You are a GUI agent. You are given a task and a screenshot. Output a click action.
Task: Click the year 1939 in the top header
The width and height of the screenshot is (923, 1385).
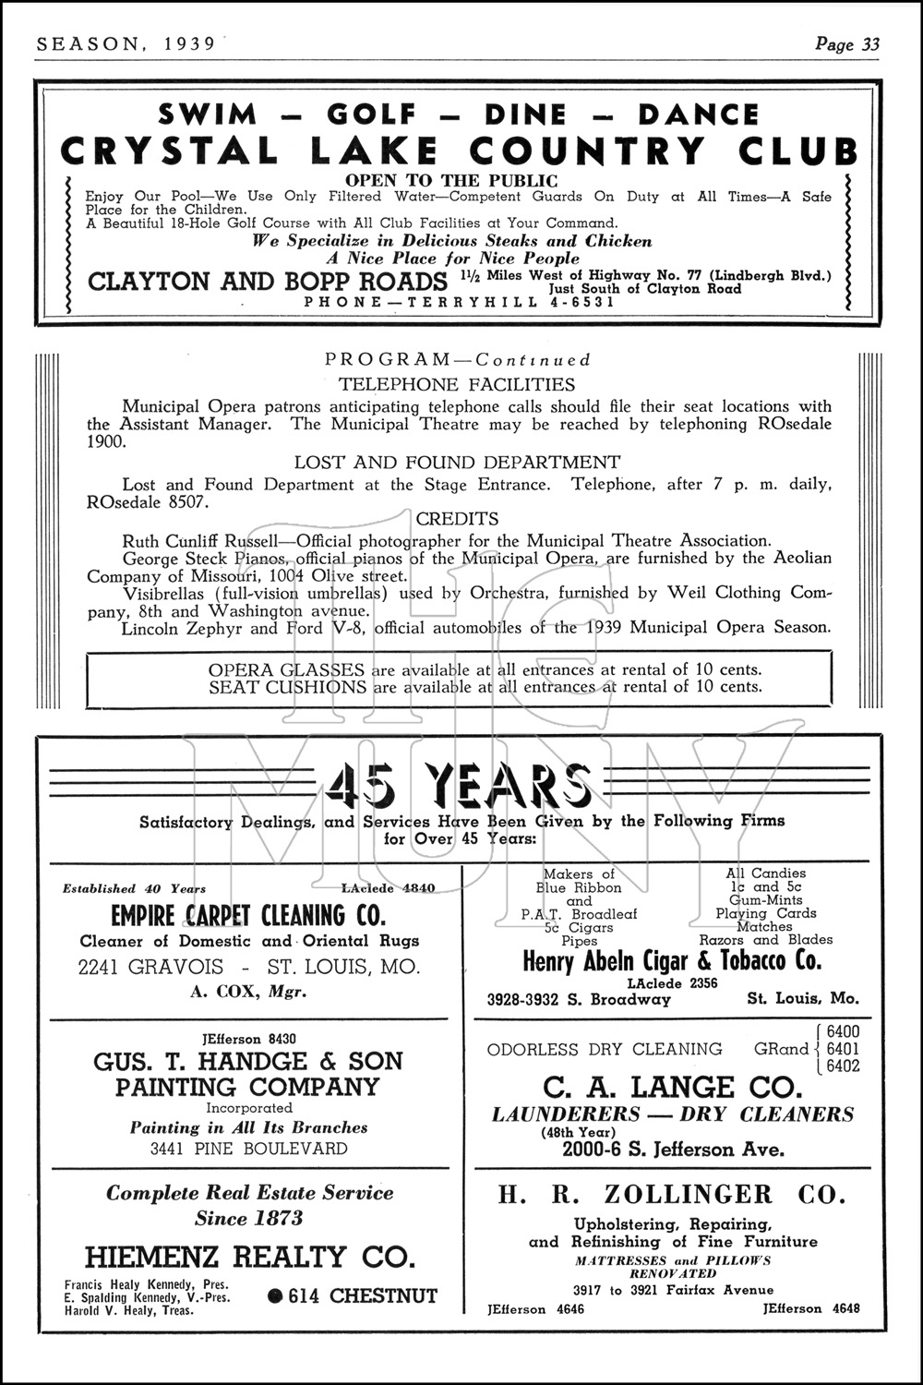tap(184, 43)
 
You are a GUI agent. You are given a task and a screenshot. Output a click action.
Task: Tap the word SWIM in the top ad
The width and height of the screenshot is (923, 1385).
tap(208, 114)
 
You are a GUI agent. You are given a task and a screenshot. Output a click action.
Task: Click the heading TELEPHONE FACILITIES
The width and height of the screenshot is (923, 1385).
tap(457, 385)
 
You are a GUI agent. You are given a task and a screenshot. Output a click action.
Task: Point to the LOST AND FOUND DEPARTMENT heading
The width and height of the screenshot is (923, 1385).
tap(457, 463)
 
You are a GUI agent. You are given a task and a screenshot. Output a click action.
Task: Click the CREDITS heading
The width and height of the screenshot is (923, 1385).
tap(457, 519)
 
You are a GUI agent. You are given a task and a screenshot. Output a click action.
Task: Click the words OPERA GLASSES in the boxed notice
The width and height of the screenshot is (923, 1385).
tap(287, 669)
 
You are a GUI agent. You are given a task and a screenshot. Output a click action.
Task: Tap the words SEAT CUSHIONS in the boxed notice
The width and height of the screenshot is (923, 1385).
tap(287, 687)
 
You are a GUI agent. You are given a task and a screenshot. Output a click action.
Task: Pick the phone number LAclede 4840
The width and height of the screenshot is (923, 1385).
tap(389, 888)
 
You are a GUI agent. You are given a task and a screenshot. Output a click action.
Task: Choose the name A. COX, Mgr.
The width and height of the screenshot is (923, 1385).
tap(247, 993)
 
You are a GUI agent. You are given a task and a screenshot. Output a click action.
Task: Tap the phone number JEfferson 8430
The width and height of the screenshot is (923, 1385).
tap(248, 1039)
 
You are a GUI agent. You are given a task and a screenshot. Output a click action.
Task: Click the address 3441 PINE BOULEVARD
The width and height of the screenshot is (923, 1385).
tap(248, 1150)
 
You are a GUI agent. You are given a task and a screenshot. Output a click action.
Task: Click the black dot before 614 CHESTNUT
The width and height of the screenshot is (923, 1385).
tap(274, 1296)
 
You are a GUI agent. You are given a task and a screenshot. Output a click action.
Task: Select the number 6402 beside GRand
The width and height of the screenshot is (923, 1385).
tap(843, 1066)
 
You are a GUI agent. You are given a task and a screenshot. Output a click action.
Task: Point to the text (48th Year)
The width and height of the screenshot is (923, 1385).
tap(578, 1132)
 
